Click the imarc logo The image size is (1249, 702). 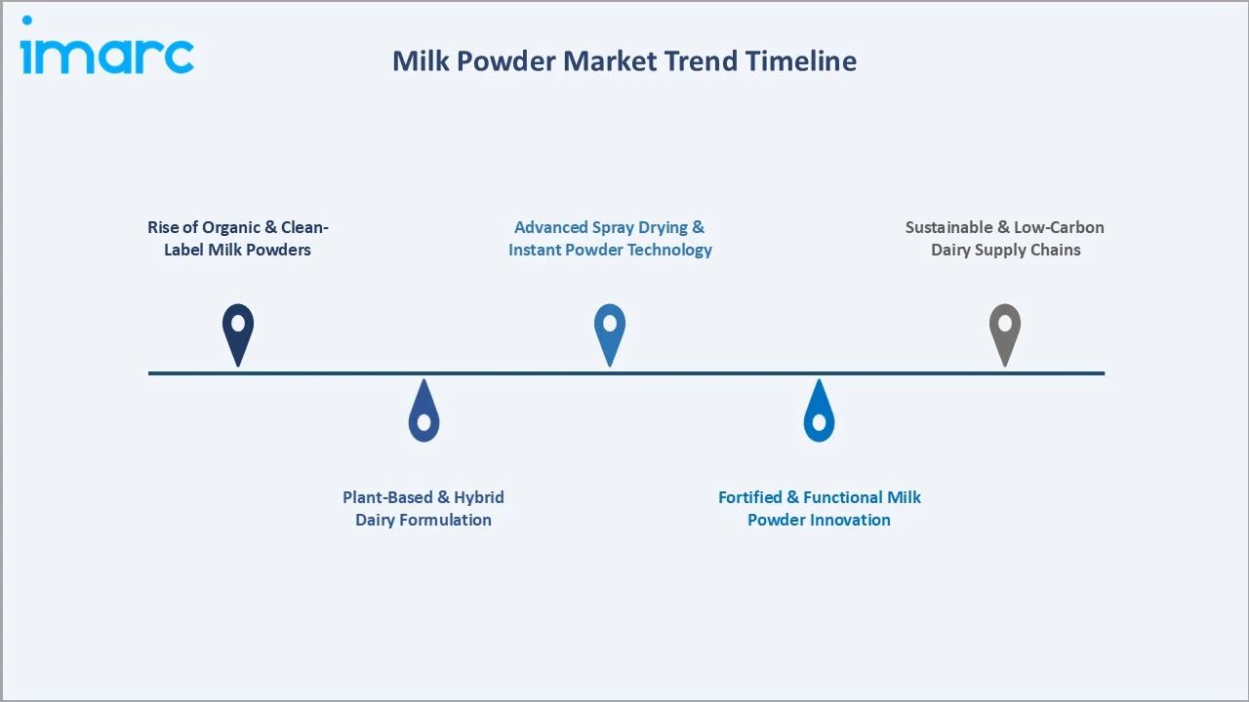[x=107, y=51]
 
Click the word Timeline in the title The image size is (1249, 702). [x=801, y=60]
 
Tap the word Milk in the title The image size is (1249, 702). [x=423, y=60]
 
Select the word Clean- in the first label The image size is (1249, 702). [x=304, y=227]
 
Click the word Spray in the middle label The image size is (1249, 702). [x=615, y=227]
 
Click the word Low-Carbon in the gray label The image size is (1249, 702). [x=1059, y=227]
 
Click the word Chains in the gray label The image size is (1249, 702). [x=1054, y=250]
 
